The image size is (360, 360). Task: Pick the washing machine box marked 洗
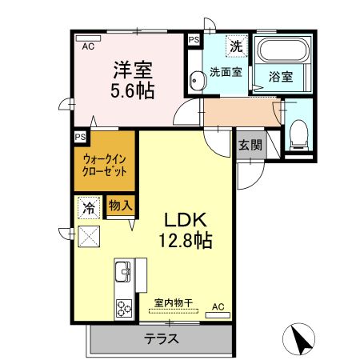point(237,46)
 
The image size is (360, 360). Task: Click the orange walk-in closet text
point(105,165)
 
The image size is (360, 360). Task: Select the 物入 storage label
point(120,205)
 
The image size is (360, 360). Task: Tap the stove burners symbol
point(124,306)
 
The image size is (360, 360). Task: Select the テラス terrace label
point(161,338)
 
